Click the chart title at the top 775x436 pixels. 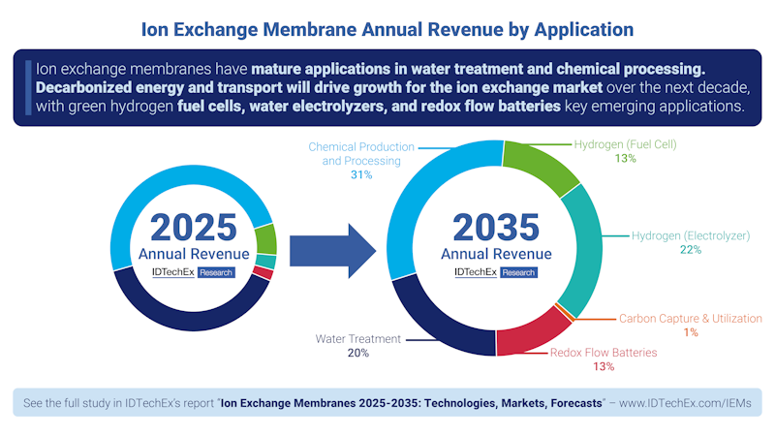point(387,29)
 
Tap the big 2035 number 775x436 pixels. point(496,227)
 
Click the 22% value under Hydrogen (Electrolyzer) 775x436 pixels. point(690,250)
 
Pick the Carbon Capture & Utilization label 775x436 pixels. point(690,318)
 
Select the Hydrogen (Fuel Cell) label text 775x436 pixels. point(624,144)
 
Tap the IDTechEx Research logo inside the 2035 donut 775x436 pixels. point(495,272)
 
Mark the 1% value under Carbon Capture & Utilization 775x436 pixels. point(690,332)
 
